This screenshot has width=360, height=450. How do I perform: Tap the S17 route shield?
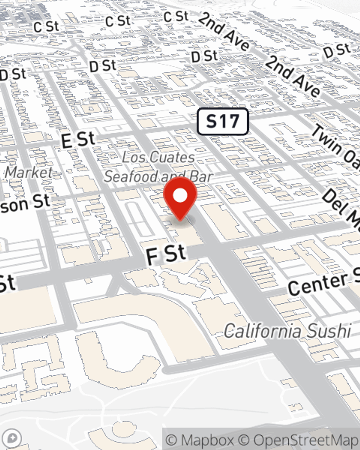223,121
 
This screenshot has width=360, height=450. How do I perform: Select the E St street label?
78,140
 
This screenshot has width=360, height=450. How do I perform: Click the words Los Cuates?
158,157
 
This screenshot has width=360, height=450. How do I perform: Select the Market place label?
29,172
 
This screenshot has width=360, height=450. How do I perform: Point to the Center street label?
319,284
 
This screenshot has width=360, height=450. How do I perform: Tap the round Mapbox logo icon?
12,438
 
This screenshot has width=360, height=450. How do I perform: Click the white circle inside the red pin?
180,195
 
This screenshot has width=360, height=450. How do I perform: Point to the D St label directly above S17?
204,57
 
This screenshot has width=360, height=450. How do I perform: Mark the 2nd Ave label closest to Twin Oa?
292,77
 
